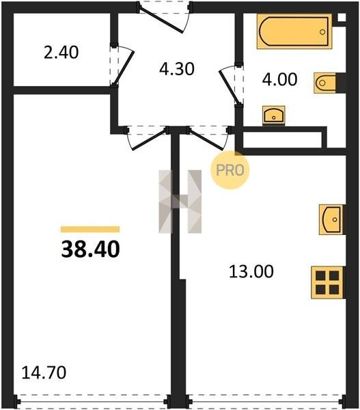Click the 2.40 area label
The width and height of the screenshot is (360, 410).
tap(61, 53)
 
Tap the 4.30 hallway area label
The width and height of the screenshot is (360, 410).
tap(177, 69)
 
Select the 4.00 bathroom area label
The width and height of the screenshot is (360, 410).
tap(279, 79)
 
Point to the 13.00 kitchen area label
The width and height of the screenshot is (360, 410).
tap(251, 271)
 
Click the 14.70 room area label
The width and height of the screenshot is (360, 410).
tap(44, 372)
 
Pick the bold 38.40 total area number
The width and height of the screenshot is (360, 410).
tap(90, 249)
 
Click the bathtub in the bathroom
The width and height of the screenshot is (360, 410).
tap(294, 31)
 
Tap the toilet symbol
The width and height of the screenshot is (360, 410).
tap(325, 83)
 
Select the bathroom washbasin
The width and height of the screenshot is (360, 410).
tap(274, 115)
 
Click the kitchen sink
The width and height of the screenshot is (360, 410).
tap(332, 219)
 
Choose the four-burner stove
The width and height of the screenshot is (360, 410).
tap(327, 282)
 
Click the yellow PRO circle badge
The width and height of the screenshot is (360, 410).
tap(230, 170)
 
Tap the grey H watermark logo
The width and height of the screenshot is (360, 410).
tap(180, 202)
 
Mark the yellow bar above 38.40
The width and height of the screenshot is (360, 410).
tap(90, 230)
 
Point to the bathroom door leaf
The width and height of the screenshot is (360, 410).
tap(229, 87)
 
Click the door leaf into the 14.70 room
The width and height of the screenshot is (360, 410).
tap(150, 139)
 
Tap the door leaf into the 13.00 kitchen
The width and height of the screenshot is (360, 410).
tap(207, 139)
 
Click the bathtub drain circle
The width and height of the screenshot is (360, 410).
tap(322, 32)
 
